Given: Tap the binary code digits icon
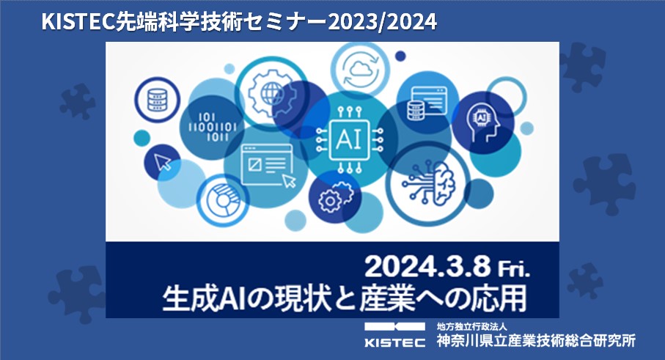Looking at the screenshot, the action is point(212,127).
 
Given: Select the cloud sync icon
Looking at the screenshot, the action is point(360,70).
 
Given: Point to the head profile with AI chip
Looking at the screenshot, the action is point(483,123).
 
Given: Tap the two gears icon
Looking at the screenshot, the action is point(336,196).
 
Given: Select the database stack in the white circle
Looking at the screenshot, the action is point(157,100).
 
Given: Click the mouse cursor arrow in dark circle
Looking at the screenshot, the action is point(163,162).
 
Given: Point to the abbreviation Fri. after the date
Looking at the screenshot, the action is point(513,268).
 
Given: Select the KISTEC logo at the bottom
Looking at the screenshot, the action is point(395,335).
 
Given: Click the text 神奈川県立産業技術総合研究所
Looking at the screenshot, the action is point(536,340).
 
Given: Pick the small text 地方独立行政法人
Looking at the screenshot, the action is point(472,326).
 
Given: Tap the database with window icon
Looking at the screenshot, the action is point(427,103).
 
